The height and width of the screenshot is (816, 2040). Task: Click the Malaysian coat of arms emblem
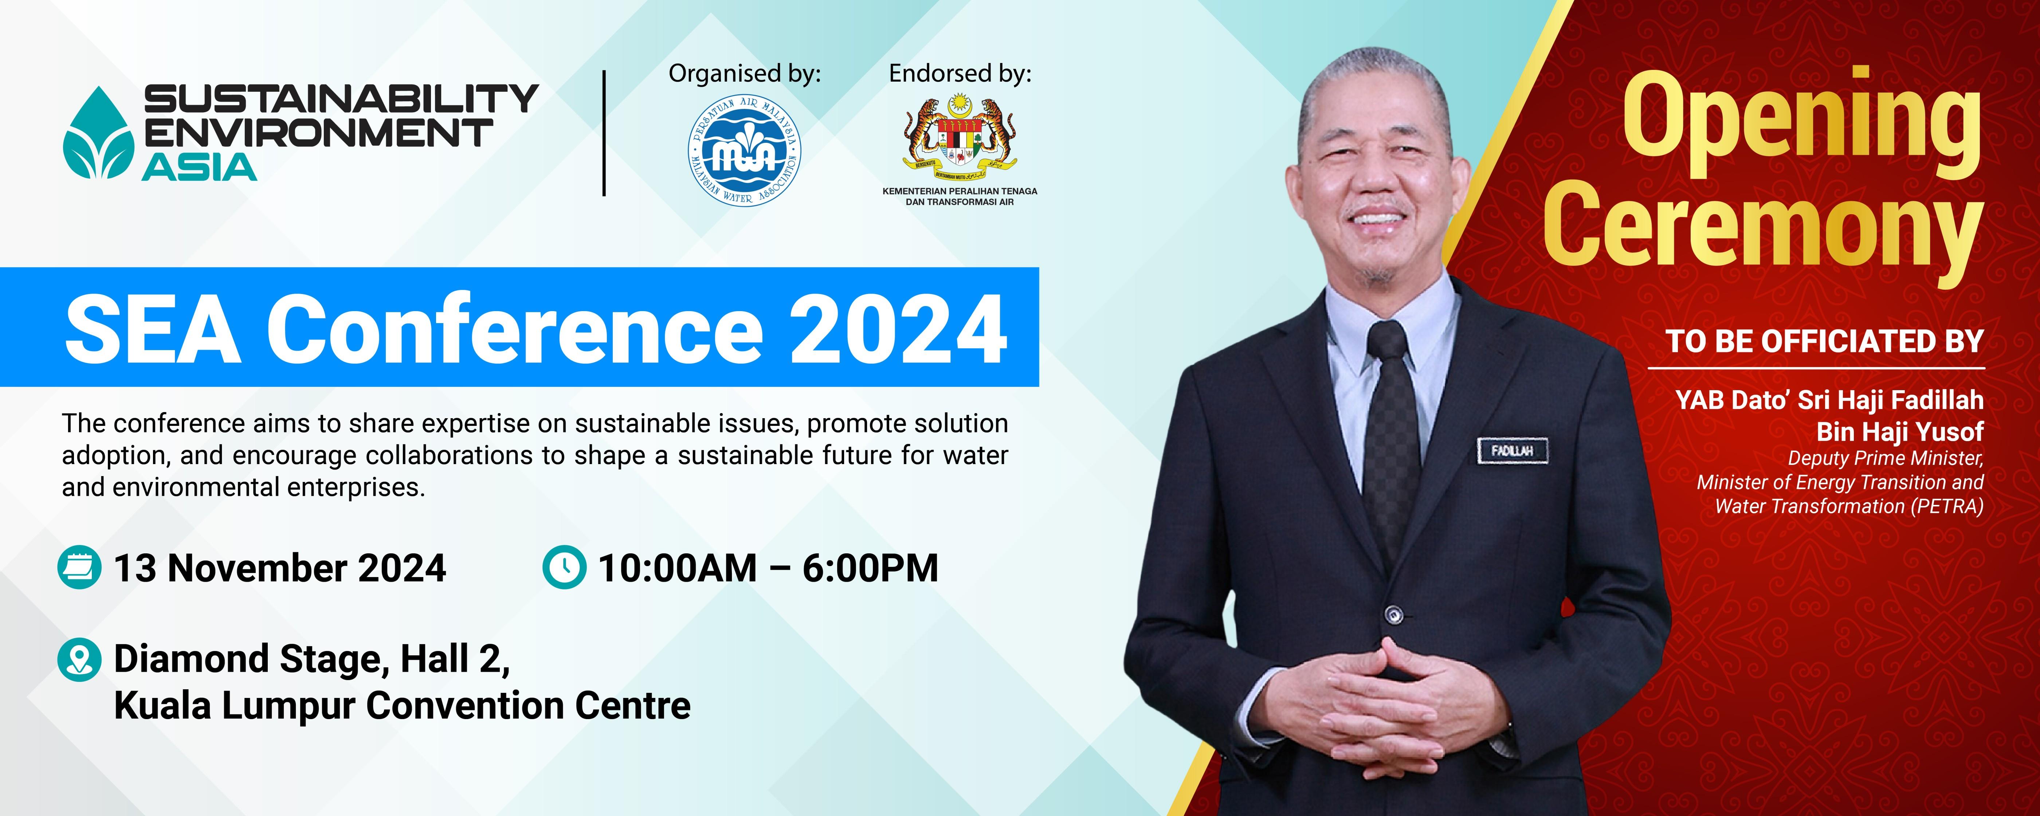click(960, 136)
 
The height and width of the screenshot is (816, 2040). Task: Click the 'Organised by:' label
click(744, 74)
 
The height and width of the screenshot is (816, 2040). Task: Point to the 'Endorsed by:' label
click(960, 74)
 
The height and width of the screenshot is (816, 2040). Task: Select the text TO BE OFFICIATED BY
click(1825, 341)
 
